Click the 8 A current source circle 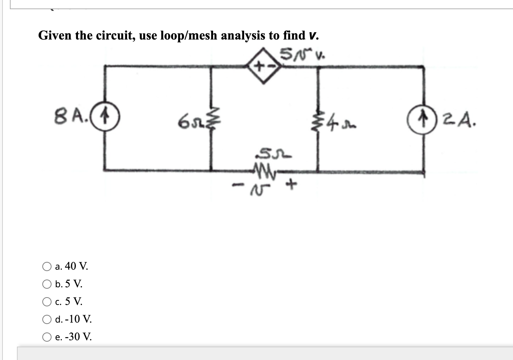(x=105, y=117)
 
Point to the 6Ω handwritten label (x=189, y=123)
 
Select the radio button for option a (x=47, y=266)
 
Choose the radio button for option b (x=47, y=284)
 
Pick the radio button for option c (x=47, y=302)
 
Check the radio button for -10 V (x=47, y=319)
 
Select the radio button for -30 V (x=47, y=337)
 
